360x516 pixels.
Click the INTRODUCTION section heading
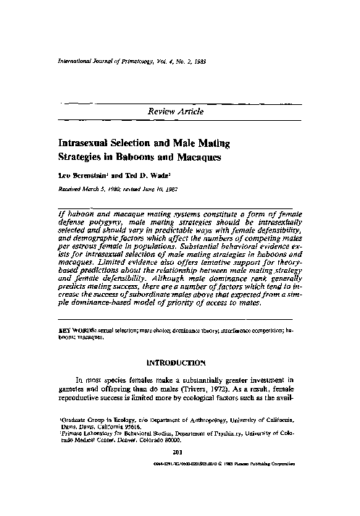(x=179, y=361)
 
